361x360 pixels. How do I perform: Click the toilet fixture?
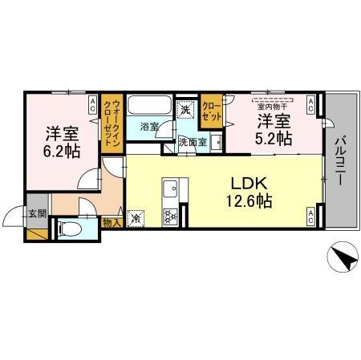click(71, 229)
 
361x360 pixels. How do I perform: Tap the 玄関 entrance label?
click(37, 214)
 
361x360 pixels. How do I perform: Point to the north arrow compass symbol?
click(342, 260)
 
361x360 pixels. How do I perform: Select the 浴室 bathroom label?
click(150, 127)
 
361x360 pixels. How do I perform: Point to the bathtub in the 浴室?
click(149, 107)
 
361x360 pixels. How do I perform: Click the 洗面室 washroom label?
click(192, 142)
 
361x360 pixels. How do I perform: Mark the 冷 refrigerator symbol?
click(136, 216)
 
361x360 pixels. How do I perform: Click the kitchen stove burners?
click(170, 215)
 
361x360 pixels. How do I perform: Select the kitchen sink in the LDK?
click(170, 189)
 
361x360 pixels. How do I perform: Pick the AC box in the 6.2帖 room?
click(92, 103)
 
